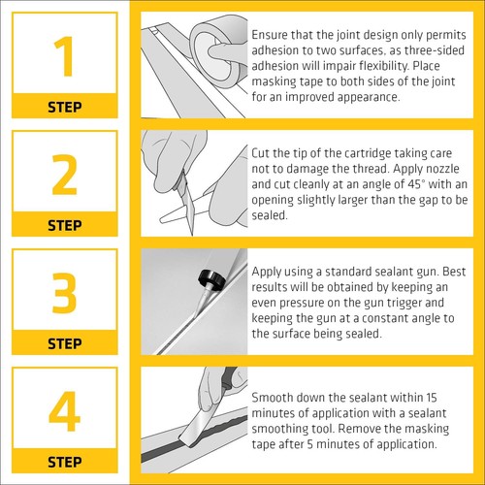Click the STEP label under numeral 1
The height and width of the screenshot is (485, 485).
pos(64,107)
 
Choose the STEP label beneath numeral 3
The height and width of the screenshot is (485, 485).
pos(64,342)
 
